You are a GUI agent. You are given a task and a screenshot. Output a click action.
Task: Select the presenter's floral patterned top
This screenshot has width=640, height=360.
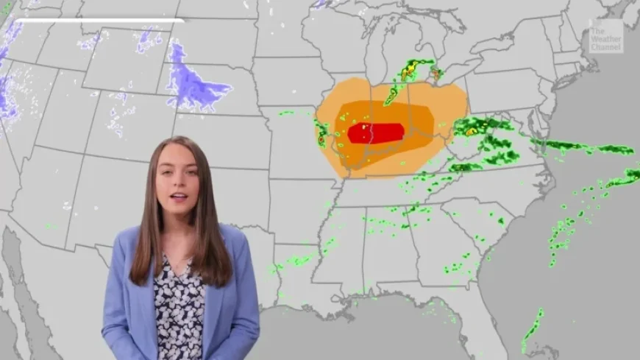pos(179,309)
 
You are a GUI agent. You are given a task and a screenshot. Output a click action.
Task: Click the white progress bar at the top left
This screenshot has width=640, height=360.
pos(99,21)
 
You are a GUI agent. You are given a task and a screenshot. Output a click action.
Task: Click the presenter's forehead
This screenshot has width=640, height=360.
pos(177,156)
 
